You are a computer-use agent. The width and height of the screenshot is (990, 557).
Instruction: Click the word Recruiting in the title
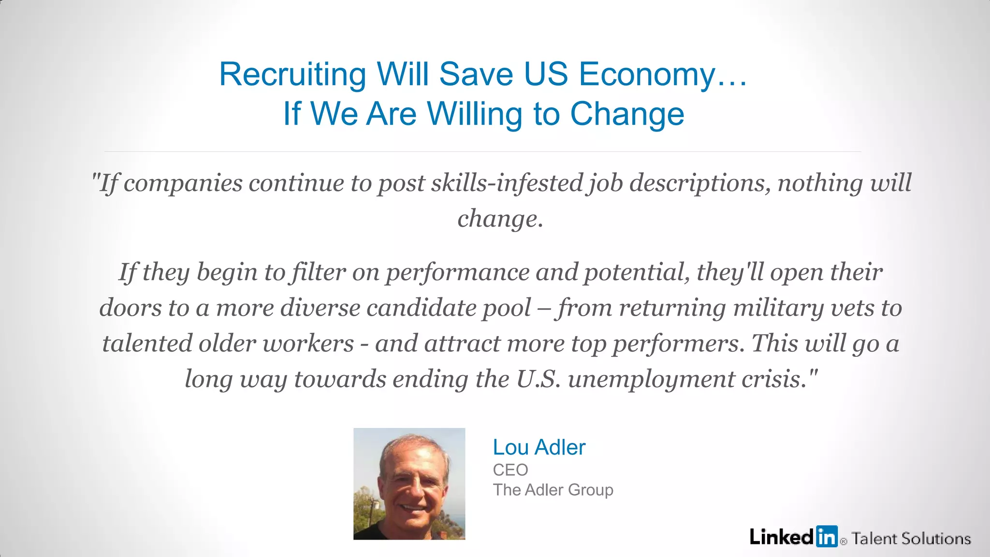pyautogui.click(x=292, y=75)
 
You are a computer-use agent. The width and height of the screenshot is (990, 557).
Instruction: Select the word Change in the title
pyautogui.click(x=627, y=114)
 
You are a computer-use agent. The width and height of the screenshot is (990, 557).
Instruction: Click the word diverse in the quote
pyautogui.click(x=320, y=308)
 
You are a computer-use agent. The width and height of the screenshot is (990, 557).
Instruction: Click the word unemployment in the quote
pyautogui.click(x=652, y=379)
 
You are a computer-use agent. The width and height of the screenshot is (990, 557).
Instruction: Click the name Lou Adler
pyautogui.click(x=539, y=447)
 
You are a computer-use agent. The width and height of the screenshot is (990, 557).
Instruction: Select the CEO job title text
pyautogui.click(x=510, y=469)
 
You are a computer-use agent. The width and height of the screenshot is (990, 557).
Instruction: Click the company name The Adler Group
pyautogui.click(x=553, y=490)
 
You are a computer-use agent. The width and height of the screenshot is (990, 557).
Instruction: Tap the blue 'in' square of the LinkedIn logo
pyautogui.click(x=827, y=536)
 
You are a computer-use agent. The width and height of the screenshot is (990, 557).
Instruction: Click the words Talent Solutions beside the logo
pyautogui.click(x=911, y=539)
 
